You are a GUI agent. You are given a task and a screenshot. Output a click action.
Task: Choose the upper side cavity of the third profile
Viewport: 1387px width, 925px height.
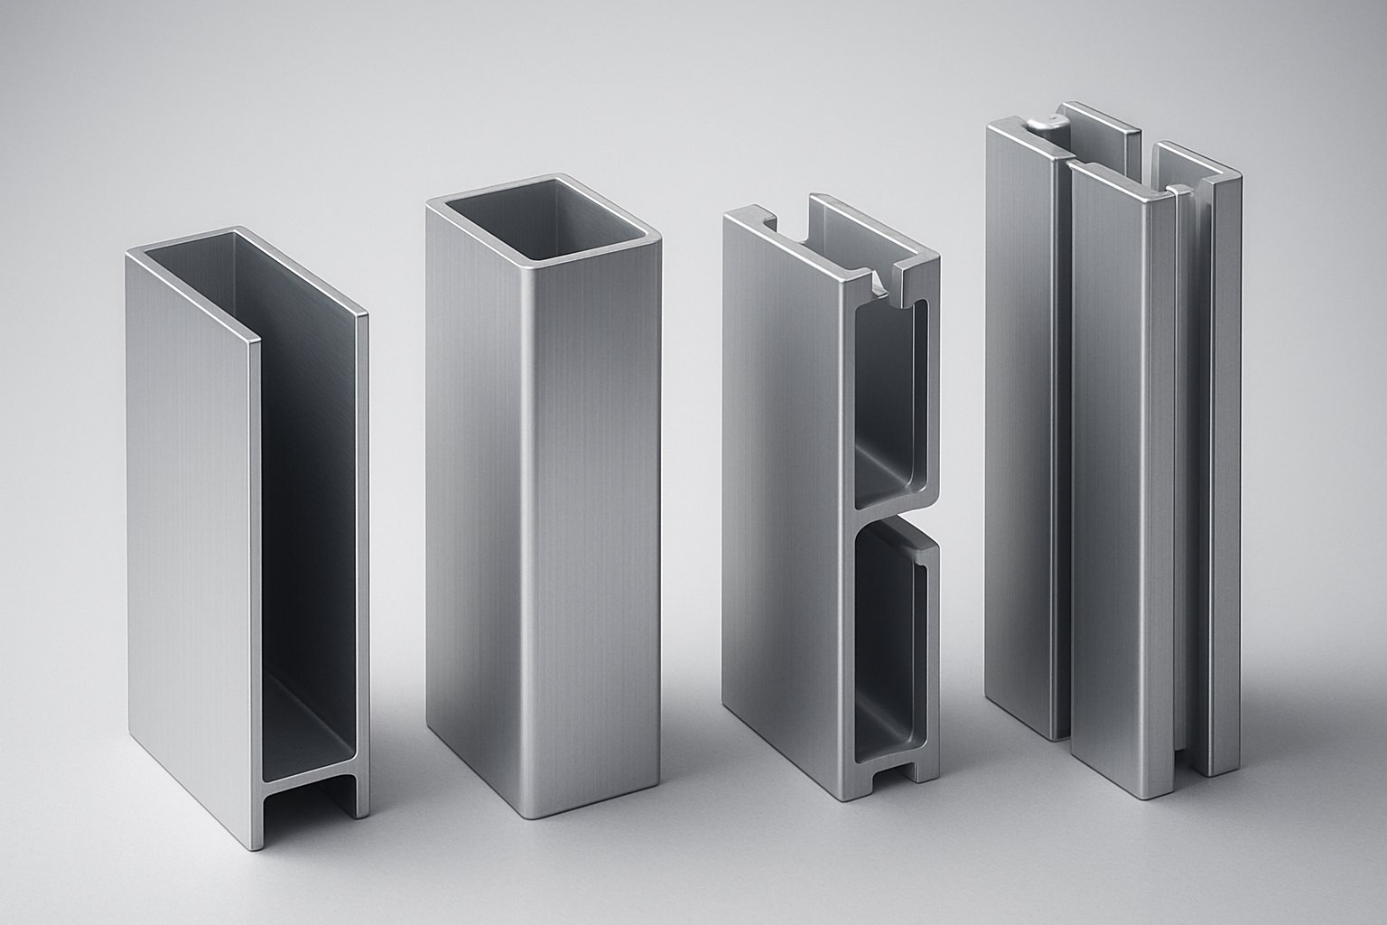889,397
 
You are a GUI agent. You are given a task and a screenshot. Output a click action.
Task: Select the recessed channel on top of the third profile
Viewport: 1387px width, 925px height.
835,248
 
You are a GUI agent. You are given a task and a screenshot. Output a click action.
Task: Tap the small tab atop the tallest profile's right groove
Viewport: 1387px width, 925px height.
1177,191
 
